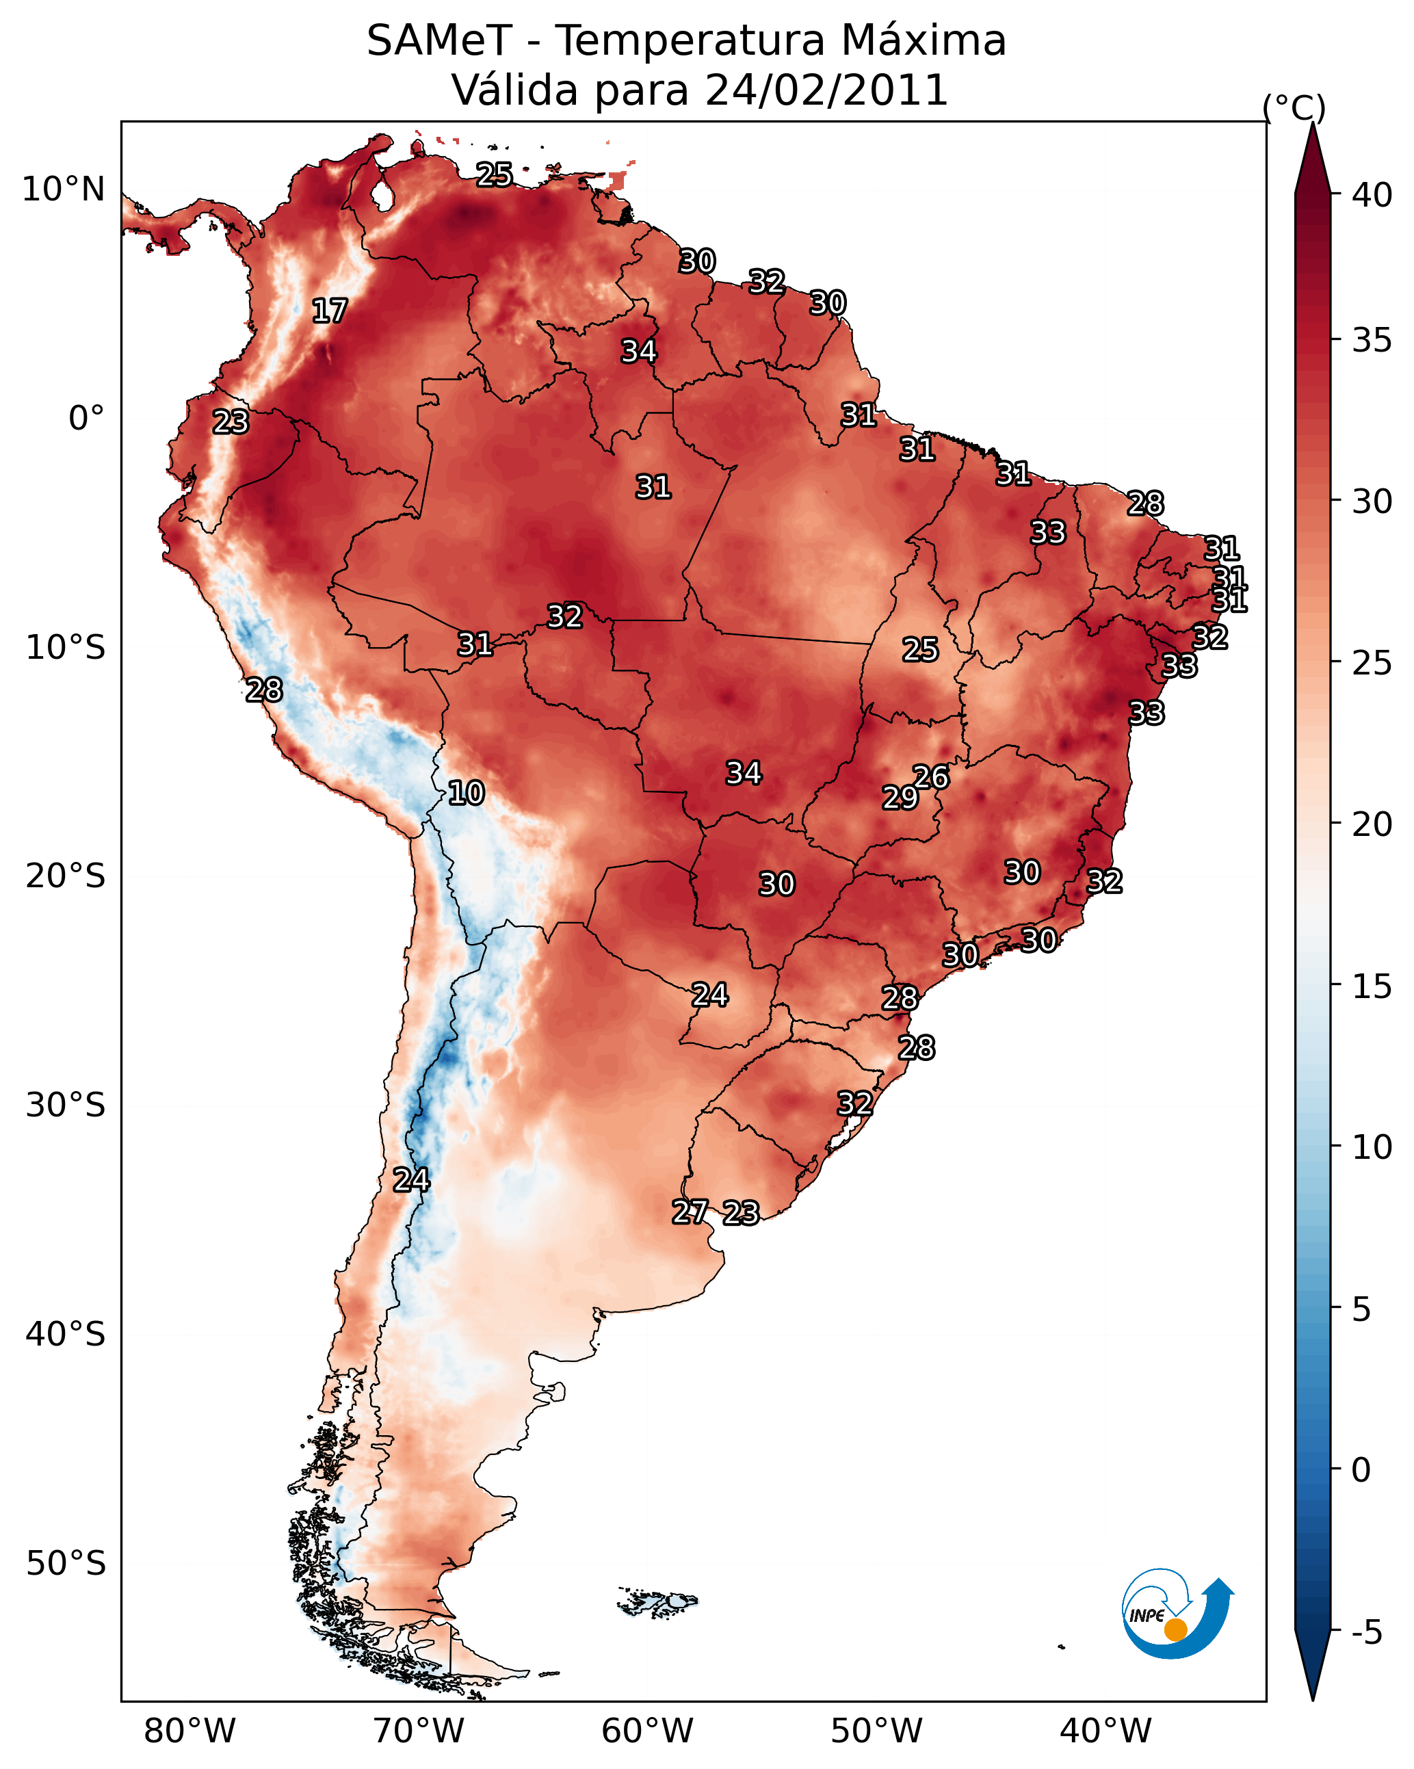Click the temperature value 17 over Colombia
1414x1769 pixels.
click(x=330, y=311)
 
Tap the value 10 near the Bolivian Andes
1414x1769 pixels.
click(x=466, y=793)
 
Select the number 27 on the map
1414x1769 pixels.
click(x=690, y=1212)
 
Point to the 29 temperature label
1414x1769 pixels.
click(x=900, y=798)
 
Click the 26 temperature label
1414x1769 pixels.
click(x=932, y=777)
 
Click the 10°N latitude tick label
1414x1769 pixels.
click(x=63, y=189)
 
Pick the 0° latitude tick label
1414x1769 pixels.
click(x=87, y=419)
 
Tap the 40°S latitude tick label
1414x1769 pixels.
click(x=66, y=1335)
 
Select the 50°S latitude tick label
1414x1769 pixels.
click(x=66, y=1564)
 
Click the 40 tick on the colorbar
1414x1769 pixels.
click(x=1372, y=195)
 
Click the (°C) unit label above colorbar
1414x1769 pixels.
click(x=1294, y=107)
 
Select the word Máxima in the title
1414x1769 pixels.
click(x=924, y=40)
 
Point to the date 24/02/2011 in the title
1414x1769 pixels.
click(x=826, y=90)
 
